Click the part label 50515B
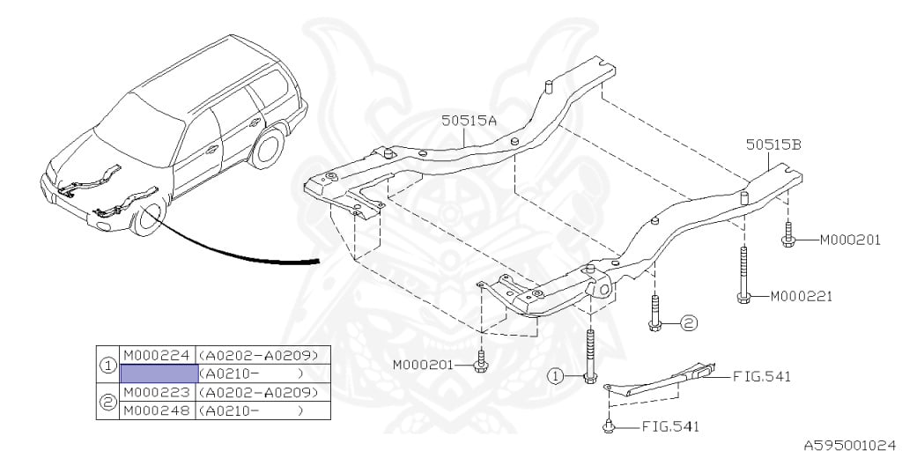click(773, 145)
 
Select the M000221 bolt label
click(802, 296)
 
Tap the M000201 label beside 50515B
click(850, 240)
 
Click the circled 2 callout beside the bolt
click(688, 323)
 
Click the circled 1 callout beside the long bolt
click(555, 376)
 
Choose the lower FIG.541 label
click(669, 427)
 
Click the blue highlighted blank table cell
click(158, 373)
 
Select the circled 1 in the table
click(108, 365)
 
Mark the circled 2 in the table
click(108, 402)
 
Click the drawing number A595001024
click(850, 445)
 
